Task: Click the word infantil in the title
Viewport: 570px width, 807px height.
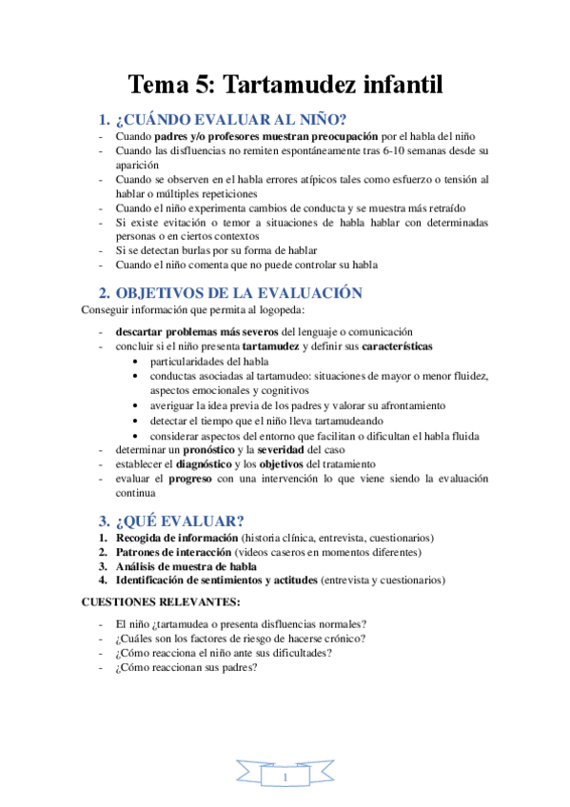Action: coord(403,85)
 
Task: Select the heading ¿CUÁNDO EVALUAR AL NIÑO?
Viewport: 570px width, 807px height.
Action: coord(231,120)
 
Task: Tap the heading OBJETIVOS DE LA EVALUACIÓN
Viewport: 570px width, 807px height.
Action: coord(239,293)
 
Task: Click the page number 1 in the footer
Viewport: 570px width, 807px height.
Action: coord(285,778)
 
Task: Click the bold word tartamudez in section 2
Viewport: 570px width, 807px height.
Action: coord(271,346)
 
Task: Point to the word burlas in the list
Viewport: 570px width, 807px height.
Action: coord(201,250)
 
